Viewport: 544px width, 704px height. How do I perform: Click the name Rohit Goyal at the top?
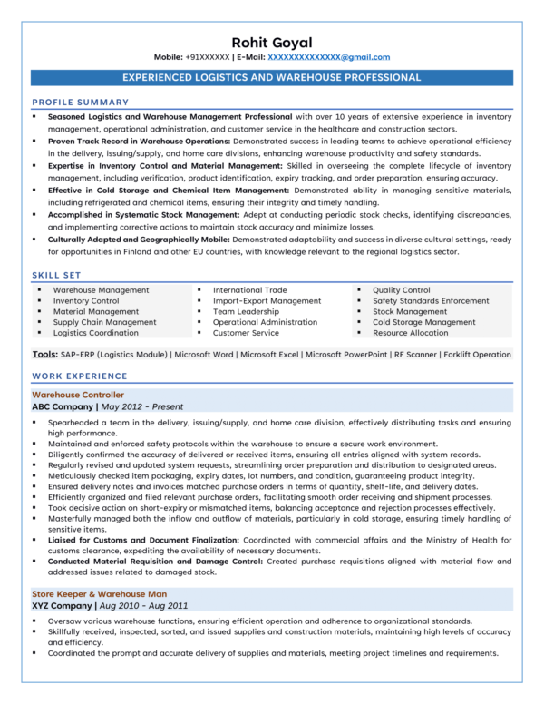click(272, 42)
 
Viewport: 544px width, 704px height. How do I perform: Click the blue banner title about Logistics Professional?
click(272, 77)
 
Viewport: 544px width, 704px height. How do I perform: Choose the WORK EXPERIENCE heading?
click(80, 376)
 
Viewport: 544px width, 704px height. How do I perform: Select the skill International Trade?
click(249, 290)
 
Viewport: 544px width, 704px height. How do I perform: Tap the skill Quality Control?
click(402, 290)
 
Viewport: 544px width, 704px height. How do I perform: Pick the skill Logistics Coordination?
click(96, 333)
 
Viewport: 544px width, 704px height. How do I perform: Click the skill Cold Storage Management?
click(423, 322)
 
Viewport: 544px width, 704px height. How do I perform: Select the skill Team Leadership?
click(247, 311)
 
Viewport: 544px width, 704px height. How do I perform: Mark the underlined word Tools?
click(44, 355)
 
